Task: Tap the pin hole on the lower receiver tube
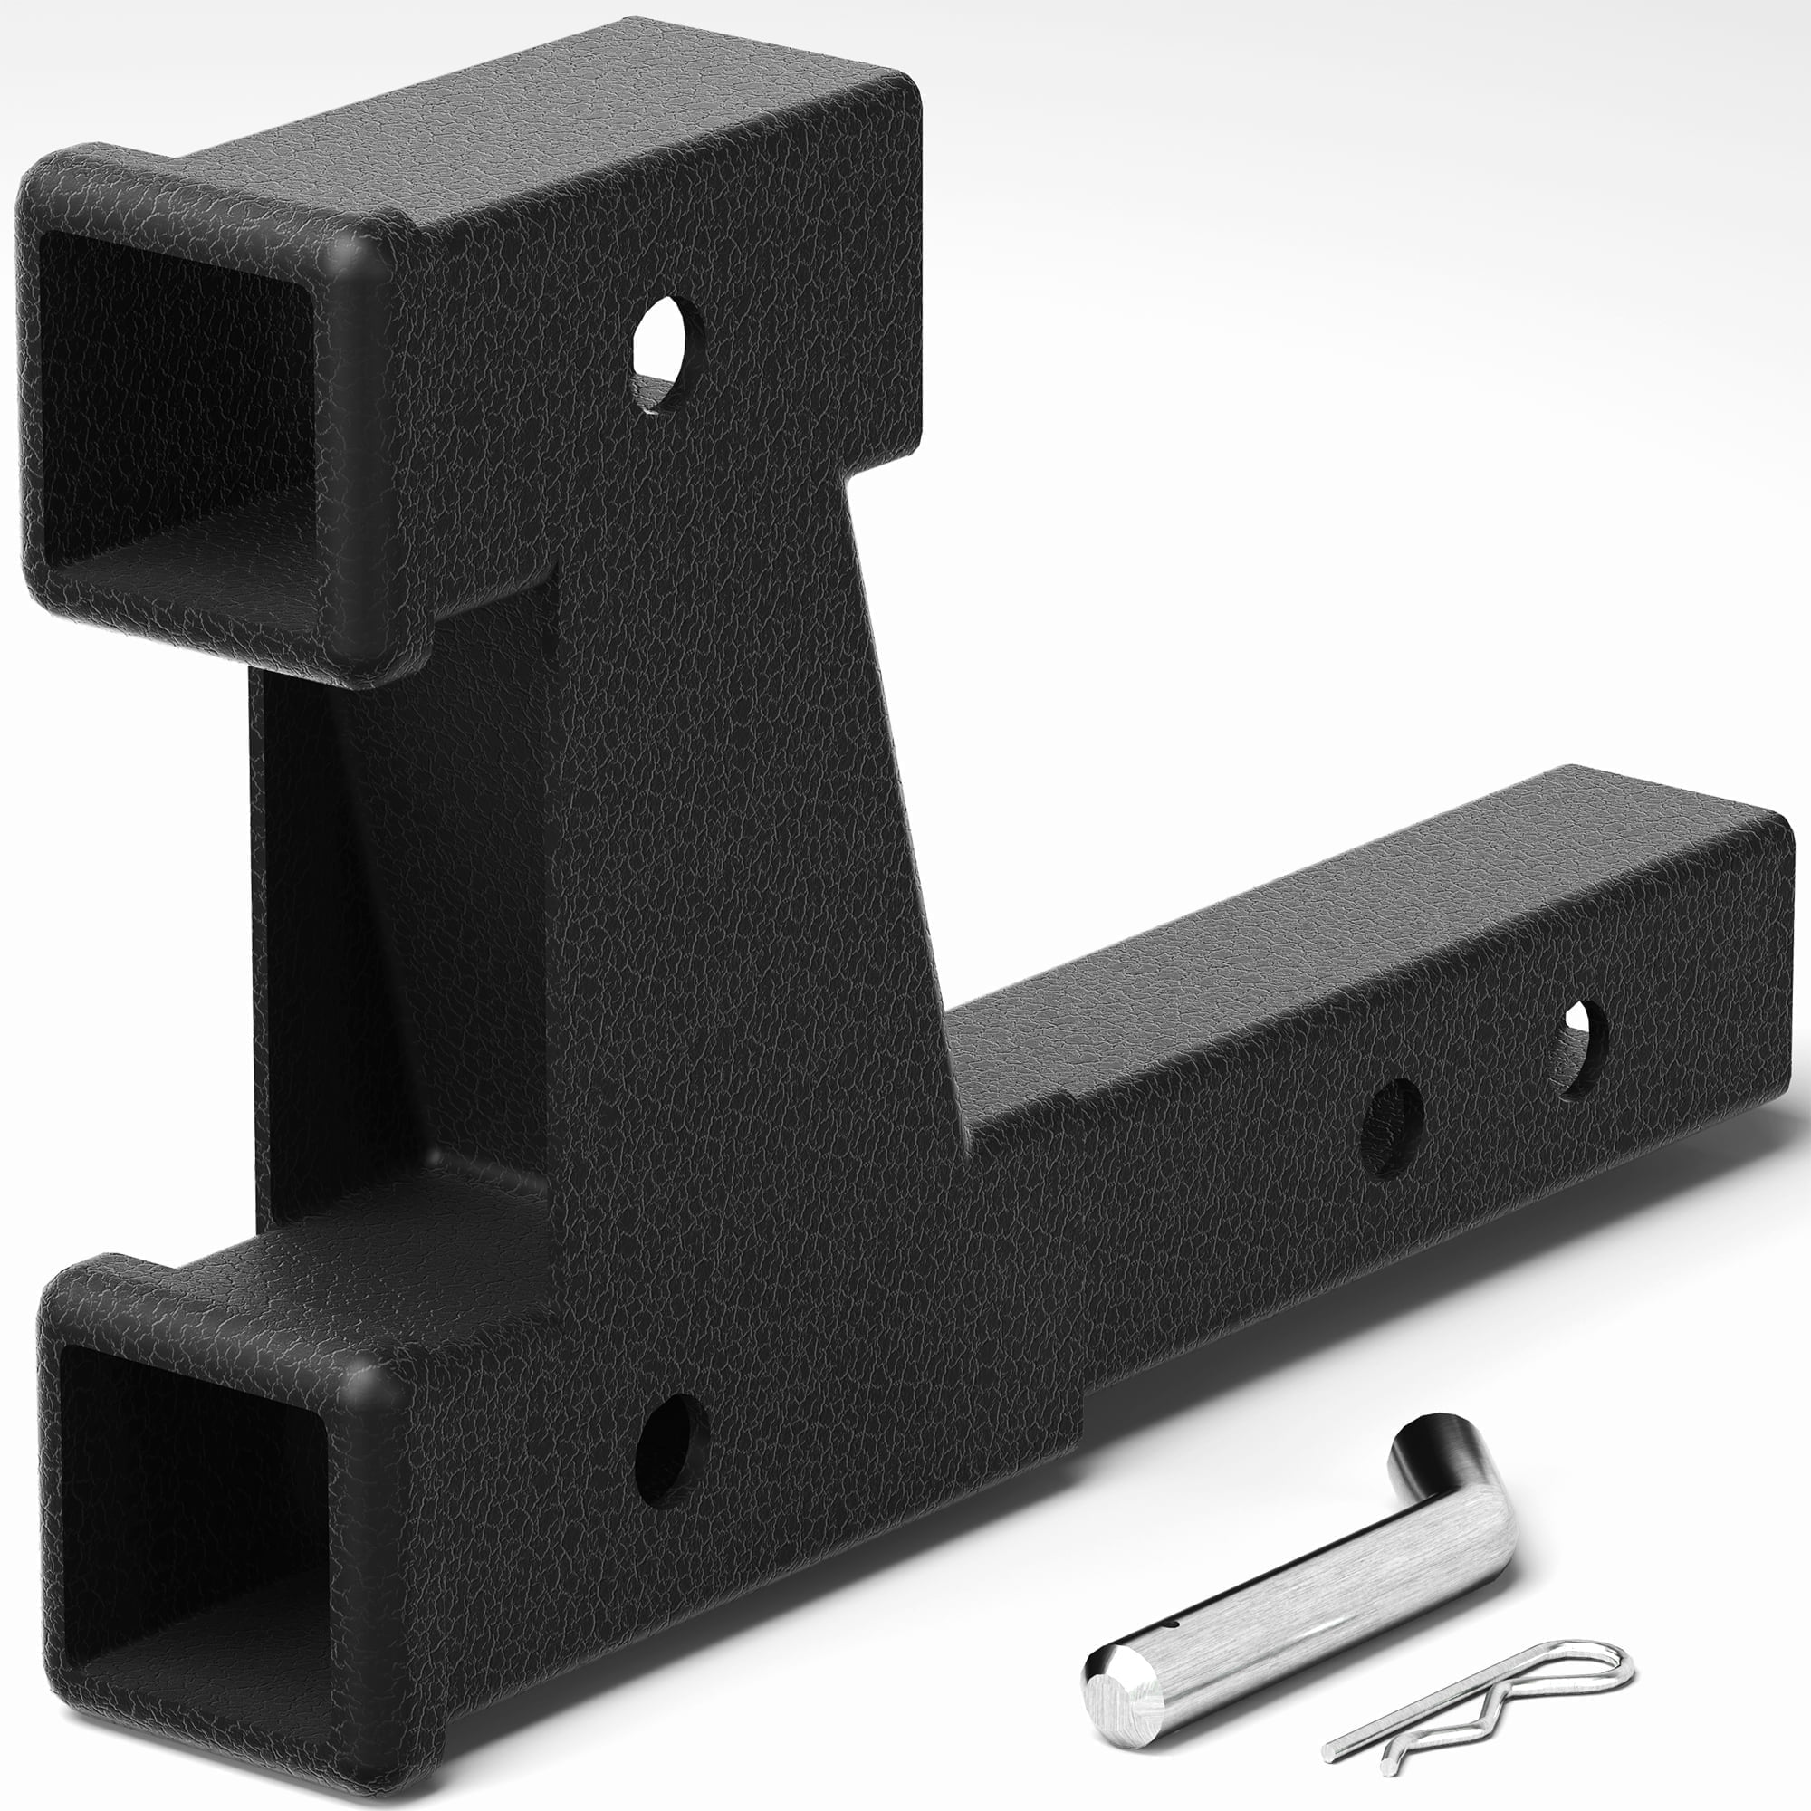(671, 1443)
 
